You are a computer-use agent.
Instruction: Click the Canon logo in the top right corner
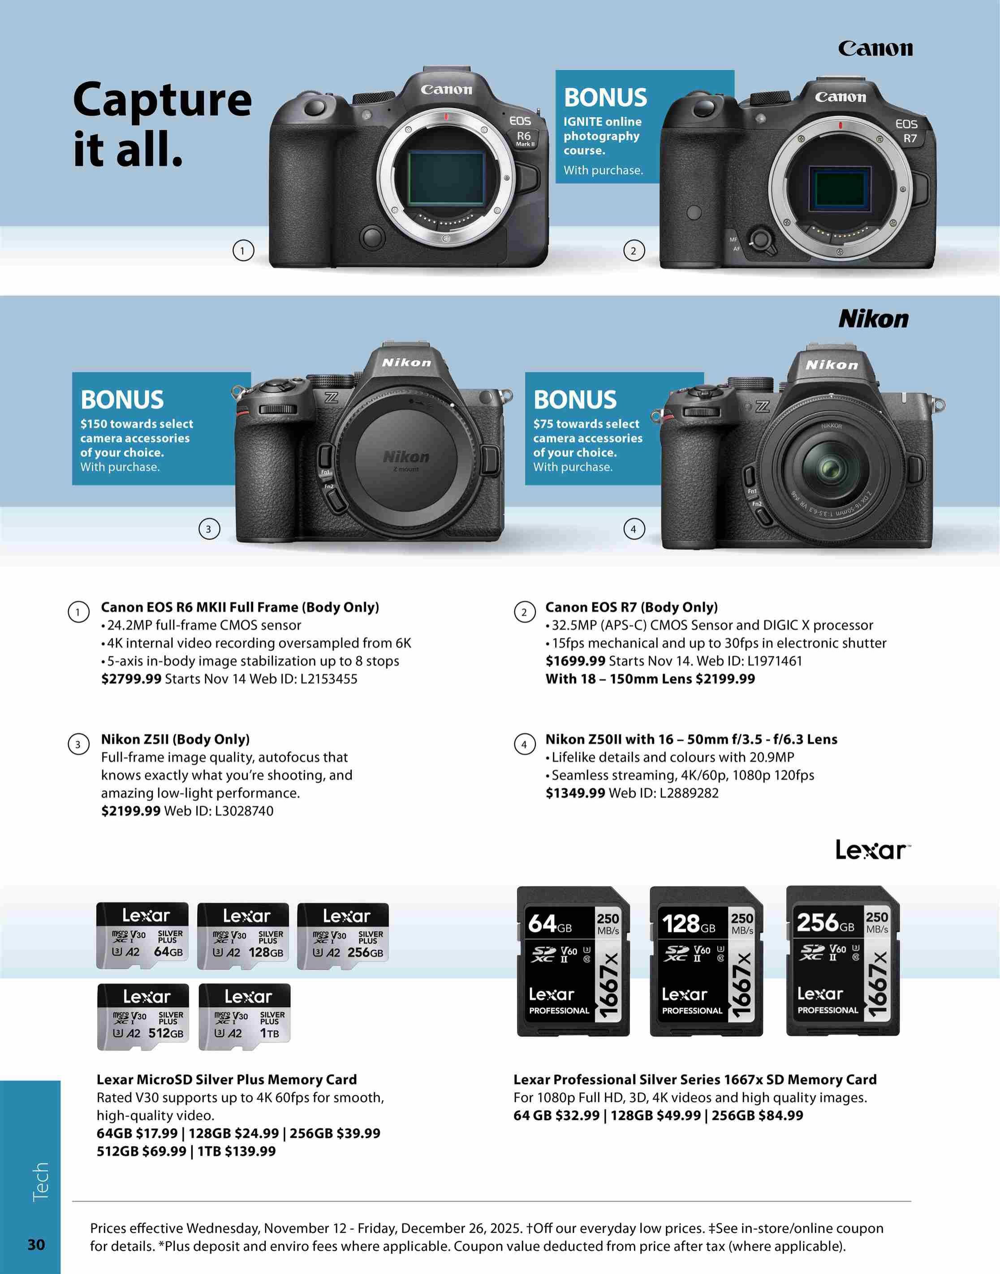coord(875,48)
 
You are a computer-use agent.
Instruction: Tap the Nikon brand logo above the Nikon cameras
coord(874,319)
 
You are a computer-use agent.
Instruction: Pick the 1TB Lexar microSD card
coord(245,1016)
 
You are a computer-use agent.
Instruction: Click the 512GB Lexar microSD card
coord(143,1016)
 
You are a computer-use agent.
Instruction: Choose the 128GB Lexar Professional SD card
coord(706,961)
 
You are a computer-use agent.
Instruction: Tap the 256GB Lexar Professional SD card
coord(842,961)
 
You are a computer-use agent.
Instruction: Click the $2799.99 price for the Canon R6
coord(131,679)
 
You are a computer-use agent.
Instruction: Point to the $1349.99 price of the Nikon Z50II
coord(576,793)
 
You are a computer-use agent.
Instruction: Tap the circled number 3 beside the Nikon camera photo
coord(209,529)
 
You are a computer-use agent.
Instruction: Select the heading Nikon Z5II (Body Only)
coord(175,740)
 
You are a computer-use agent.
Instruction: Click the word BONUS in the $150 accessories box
coord(122,400)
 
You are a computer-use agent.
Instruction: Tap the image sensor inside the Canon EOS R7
coord(840,189)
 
